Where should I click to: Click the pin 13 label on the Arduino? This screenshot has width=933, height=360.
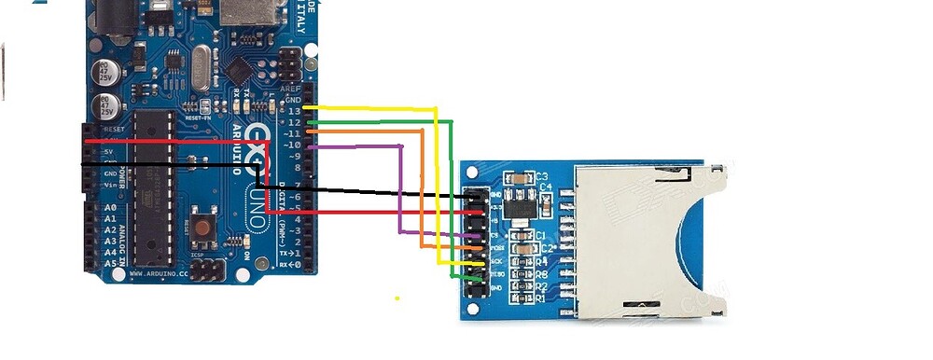tap(295, 111)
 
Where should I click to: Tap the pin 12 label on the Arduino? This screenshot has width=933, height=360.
tap(295, 122)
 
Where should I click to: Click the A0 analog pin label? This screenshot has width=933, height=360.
tap(111, 207)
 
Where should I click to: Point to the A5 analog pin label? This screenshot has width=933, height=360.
tap(111, 263)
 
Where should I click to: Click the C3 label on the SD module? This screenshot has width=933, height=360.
tap(541, 175)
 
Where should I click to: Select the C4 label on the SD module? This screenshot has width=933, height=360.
tap(547, 188)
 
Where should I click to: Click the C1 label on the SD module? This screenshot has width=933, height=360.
tap(542, 236)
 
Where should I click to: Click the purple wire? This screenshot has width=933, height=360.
tap(401, 187)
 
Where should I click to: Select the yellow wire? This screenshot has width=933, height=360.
tap(436, 187)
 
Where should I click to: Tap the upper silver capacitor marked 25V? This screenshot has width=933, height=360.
tap(111, 71)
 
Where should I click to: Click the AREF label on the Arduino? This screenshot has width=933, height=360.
tap(291, 89)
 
